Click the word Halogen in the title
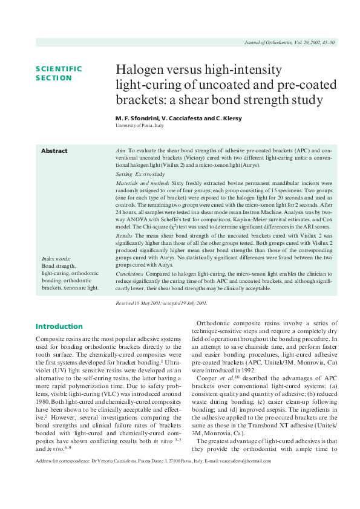[139, 70]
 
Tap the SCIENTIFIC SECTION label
[59, 73]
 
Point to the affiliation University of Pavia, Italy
[139, 125]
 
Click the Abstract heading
[54, 151]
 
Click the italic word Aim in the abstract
[120, 149]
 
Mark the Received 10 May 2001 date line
[161, 302]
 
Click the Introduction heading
[59, 326]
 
